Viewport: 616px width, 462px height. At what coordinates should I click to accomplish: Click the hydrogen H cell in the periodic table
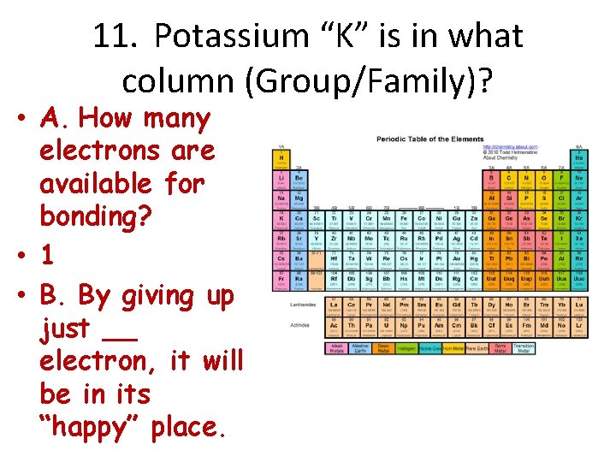(x=280, y=159)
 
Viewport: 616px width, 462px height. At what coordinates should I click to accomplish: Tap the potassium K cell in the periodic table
(x=280, y=219)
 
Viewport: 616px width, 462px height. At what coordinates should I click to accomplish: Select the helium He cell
(x=579, y=159)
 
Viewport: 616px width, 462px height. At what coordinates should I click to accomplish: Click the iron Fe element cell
(x=403, y=219)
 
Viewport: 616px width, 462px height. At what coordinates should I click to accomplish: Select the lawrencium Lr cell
(x=579, y=325)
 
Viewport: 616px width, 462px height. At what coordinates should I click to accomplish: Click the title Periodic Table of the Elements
(x=430, y=139)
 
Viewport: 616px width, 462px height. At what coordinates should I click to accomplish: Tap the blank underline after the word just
(x=124, y=329)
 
